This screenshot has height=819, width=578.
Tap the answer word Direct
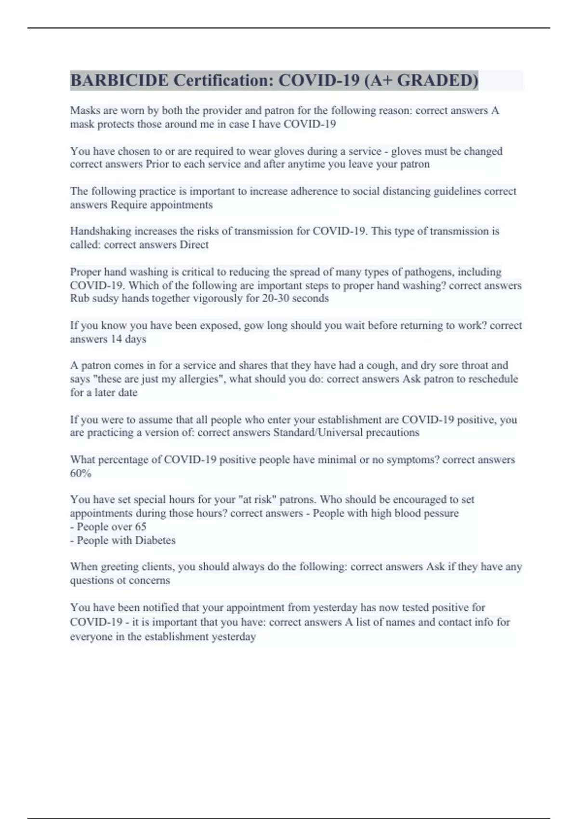point(194,245)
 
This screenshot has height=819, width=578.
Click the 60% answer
point(80,473)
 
